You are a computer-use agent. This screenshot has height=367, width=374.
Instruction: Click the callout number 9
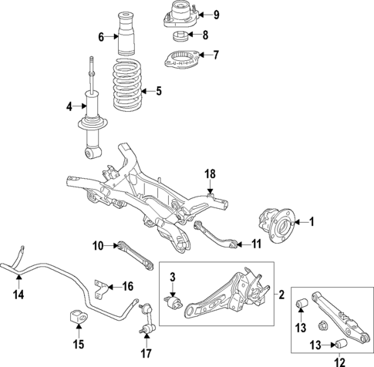coord(215,15)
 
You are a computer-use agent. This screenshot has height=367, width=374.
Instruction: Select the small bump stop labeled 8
coord(180,35)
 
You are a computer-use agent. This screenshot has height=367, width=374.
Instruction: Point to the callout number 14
coord(19,293)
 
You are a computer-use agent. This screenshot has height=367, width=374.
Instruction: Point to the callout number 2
coord(281,294)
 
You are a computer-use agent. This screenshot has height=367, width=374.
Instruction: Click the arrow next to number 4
coord(79,106)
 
